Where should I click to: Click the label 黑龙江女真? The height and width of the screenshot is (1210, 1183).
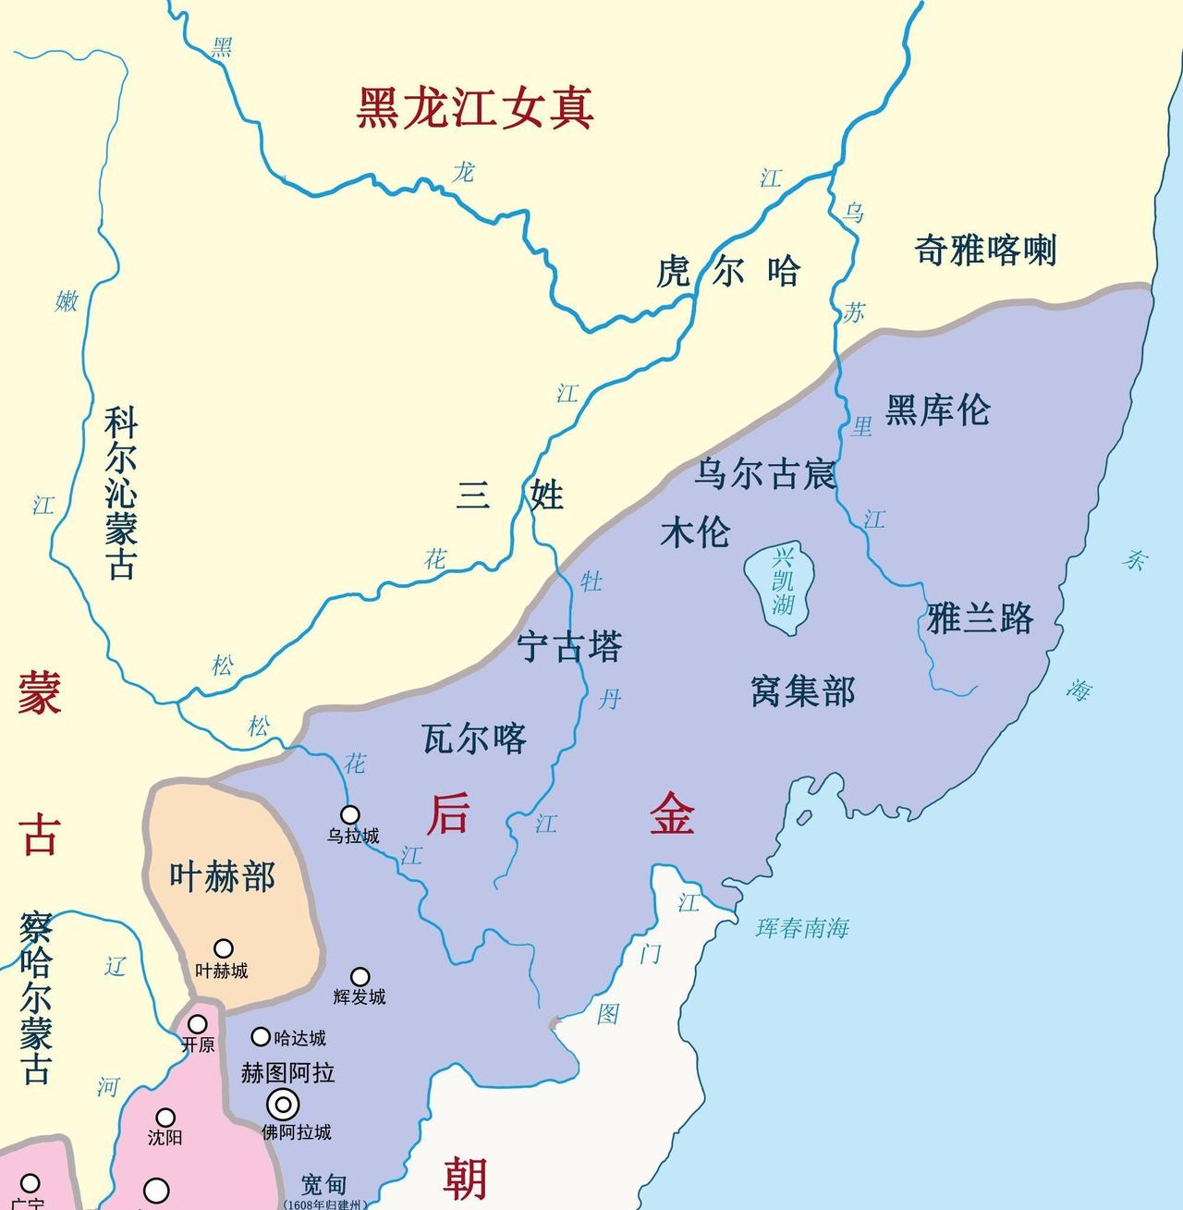[x=475, y=109]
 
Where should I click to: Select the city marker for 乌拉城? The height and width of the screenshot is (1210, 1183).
[x=350, y=814]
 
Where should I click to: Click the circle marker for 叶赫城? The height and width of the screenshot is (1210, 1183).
[x=224, y=948]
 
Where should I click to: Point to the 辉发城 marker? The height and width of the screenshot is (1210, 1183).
[x=360, y=977]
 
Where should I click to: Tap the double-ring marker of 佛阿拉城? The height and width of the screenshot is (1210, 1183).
[x=283, y=1105]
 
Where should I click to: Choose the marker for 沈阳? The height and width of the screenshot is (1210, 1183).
[x=165, y=1118]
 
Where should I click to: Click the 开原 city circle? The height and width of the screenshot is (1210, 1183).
[x=198, y=1024]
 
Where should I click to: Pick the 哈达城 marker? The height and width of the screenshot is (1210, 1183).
[x=262, y=1037]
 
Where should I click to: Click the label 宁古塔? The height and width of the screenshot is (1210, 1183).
[x=569, y=647]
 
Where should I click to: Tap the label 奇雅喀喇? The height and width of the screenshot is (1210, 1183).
[x=985, y=250]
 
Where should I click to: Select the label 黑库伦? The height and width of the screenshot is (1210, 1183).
[x=937, y=409]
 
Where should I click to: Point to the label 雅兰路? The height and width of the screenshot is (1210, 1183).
[x=980, y=618]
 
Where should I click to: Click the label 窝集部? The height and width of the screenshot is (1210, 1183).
[x=803, y=691]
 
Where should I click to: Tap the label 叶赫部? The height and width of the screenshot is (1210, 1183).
[x=223, y=876]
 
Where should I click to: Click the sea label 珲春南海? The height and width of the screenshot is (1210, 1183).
[x=802, y=928]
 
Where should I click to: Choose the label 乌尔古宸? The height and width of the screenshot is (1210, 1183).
[x=765, y=474]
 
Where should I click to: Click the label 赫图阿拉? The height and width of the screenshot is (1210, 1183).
[x=287, y=1072]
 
